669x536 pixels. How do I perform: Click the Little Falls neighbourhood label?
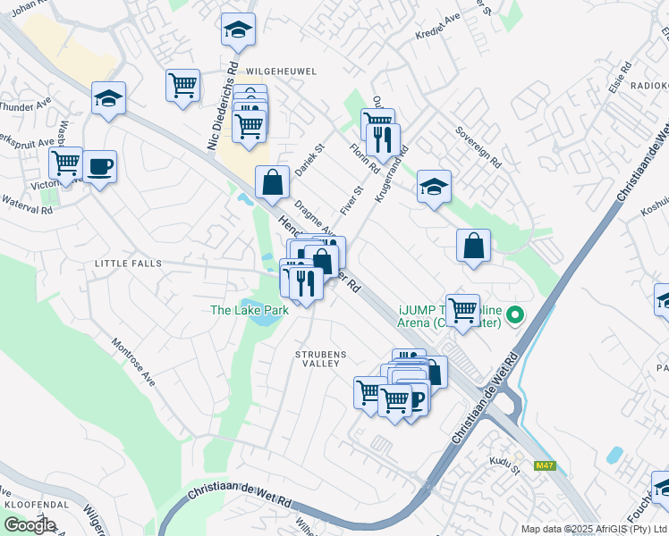(x=129, y=264)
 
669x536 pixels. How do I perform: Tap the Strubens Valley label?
(x=320, y=358)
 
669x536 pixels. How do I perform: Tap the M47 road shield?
(x=544, y=465)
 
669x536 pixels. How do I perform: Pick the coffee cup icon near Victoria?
(x=100, y=167)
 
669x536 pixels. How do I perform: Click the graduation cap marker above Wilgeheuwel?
(x=238, y=29)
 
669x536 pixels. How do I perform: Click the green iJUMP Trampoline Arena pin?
(x=515, y=314)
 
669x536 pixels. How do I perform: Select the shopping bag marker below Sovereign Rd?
(x=473, y=247)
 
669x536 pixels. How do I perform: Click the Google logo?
(x=30, y=525)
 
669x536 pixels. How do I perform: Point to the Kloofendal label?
(x=31, y=505)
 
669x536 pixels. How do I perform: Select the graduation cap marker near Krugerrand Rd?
(x=434, y=187)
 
